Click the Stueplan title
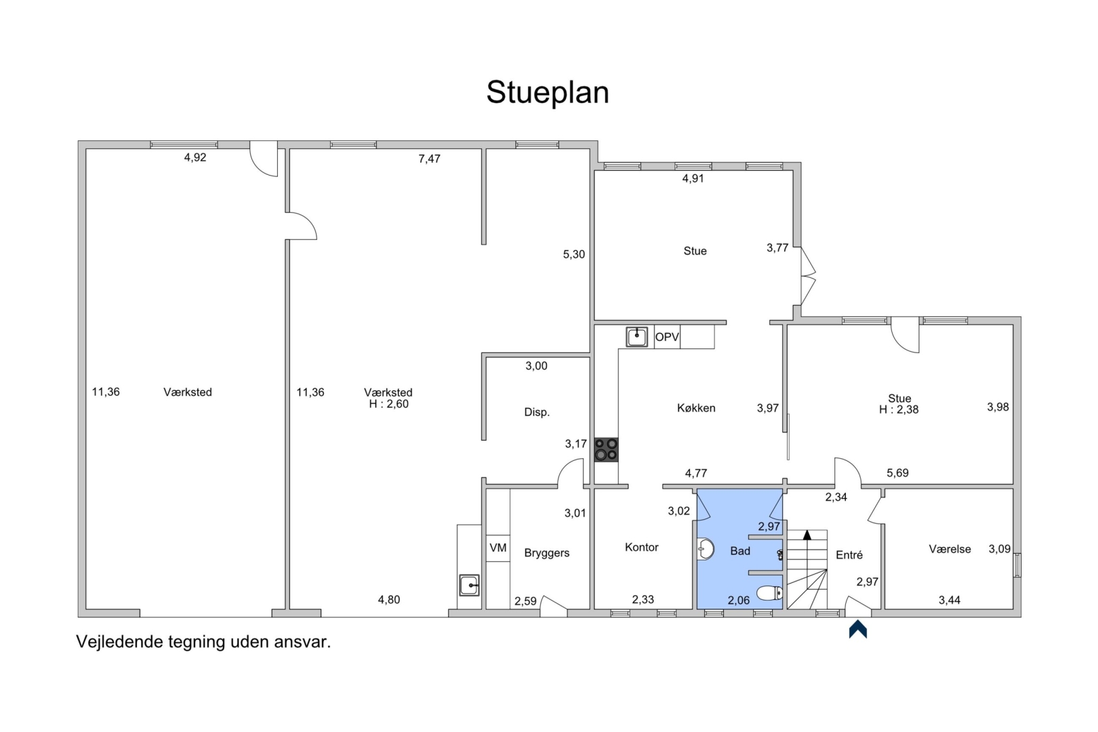click(548, 92)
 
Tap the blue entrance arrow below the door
click(858, 629)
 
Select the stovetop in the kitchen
click(606, 449)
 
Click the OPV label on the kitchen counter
click(667, 337)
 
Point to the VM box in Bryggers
click(498, 548)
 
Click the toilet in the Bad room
click(769, 593)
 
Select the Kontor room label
click(642, 547)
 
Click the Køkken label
click(696, 408)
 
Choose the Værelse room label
click(950, 549)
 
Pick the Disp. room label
click(537, 412)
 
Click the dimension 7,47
click(430, 159)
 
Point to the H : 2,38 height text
click(899, 409)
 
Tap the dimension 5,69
click(897, 472)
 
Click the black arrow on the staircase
click(807, 535)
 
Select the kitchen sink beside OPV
click(636, 337)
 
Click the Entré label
click(849, 555)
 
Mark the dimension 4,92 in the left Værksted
click(195, 157)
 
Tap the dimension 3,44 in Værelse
click(950, 600)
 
